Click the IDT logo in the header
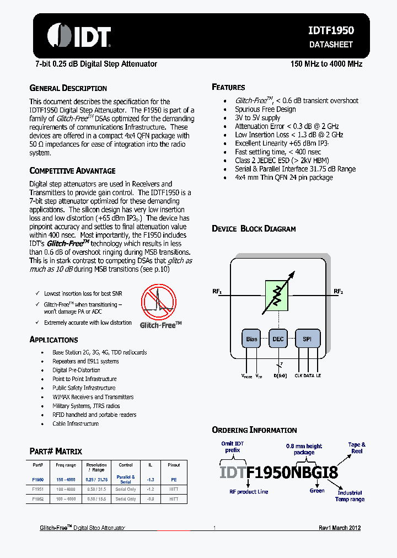point(79,36)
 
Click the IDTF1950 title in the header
point(331,31)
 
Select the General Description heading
point(68,88)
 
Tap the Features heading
point(228,87)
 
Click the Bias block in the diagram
point(251,339)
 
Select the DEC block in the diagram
point(278,339)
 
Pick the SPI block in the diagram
point(307,339)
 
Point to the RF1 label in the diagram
point(217,291)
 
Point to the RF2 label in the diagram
point(338,291)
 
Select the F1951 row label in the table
point(37,489)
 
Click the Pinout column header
point(174,465)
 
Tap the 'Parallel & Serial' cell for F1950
point(126,479)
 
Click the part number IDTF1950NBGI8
point(278,472)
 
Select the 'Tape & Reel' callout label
point(357,447)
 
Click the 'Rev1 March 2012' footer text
point(340,528)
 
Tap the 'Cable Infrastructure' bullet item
point(76,423)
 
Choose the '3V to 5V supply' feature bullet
point(257,117)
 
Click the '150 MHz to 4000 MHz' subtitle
point(326,64)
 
